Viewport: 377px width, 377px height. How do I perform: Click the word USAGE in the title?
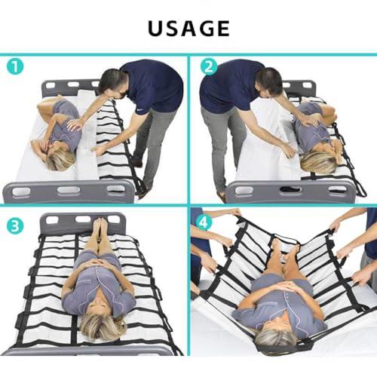[x=188, y=28]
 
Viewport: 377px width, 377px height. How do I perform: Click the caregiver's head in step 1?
[x=112, y=83]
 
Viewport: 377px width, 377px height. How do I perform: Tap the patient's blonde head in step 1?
[x=60, y=157]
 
